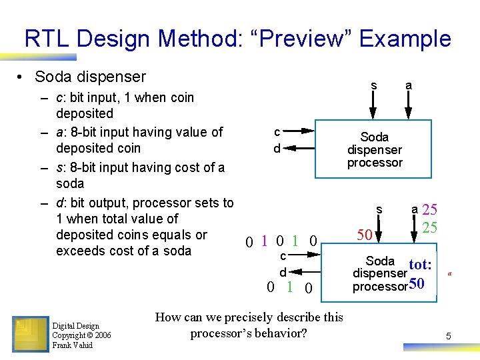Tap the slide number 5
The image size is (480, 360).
tap(449, 337)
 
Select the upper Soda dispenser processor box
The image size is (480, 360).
tap(375, 149)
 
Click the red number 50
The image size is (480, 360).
tap(364, 235)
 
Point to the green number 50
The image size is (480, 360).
tap(417, 285)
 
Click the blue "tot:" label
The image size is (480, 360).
tap(420, 265)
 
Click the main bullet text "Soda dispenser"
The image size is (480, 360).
tap(90, 77)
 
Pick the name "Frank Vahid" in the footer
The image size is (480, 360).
tap(73, 345)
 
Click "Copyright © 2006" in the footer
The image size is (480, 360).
tap(81, 335)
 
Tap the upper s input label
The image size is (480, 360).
tap(374, 85)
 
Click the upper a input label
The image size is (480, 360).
tap(408, 85)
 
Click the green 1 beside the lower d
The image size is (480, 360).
tap(289, 287)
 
